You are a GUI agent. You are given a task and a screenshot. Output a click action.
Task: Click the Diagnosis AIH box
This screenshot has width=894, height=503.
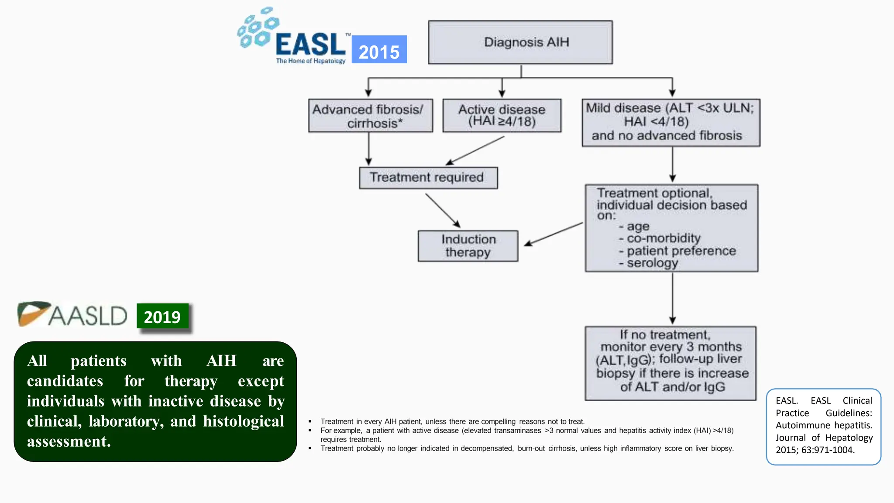tap(520, 42)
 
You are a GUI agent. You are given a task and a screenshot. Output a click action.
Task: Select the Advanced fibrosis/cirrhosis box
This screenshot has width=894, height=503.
tap(370, 116)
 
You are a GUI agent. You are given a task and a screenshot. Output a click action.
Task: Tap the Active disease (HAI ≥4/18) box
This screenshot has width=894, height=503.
tap(502, 116)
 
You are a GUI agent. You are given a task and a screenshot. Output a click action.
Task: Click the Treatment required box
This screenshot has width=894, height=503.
tap(428, 178)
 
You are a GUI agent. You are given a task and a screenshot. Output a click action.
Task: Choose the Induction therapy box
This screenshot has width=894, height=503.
tap(468, 246)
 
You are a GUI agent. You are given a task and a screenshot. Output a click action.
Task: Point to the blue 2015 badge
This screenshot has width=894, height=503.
tap(379, 49)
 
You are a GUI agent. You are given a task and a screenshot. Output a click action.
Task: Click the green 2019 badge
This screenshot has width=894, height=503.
tap(162, 316)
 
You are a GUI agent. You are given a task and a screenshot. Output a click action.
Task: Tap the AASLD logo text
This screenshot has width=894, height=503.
tap(88, 316)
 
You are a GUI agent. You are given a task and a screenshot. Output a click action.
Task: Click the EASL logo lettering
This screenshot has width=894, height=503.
tap(311, 44)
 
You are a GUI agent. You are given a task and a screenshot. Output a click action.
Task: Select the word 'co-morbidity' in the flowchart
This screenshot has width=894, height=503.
tap(664, 238)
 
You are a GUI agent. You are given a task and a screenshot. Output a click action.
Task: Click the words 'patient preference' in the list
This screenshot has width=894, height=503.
tap(681, 251)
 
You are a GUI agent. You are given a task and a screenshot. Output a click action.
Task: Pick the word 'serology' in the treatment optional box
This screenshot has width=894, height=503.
tap(653, 263)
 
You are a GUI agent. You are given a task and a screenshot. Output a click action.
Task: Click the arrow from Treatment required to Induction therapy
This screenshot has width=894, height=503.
tap(443, 210)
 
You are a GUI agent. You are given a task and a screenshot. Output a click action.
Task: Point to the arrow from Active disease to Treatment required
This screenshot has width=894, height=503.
tap(475, 151)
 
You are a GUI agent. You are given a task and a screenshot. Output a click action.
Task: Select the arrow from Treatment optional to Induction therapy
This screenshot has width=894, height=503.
tap(554, 234)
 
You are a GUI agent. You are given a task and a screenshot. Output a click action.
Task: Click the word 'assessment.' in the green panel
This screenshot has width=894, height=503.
tap(69, 441)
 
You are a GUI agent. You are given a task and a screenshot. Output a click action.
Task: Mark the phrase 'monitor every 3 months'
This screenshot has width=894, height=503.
tap(671, 347)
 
